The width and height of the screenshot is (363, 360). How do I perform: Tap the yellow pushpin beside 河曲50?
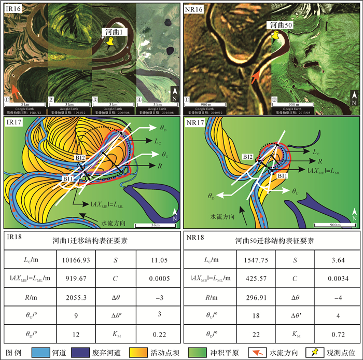point(275,35)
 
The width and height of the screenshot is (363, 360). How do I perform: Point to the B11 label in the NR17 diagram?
point(281,176)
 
